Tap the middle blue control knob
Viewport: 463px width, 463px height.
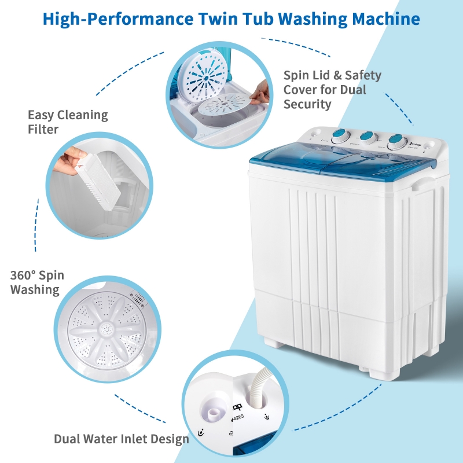(366, 138)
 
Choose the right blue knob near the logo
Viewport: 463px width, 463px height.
(396, 141)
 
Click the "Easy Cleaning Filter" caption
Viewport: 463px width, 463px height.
(68, 122)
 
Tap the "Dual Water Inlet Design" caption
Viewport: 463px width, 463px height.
(122, 439)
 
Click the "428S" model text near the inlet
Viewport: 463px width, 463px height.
(239, 430)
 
